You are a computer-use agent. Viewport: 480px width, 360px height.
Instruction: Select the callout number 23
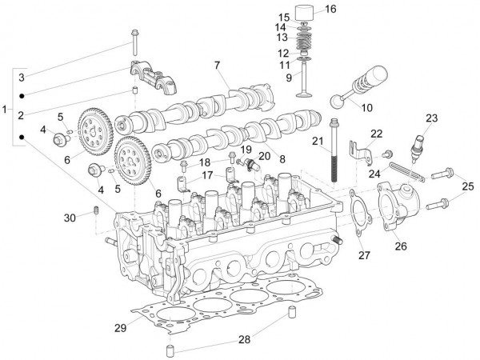(x=431, y=118)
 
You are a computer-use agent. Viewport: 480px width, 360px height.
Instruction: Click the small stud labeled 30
(x=95, y=210)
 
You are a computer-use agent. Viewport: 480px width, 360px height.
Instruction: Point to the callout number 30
(x=70, y=218)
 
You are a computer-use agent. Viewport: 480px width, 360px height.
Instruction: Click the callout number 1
(x=6, y=107)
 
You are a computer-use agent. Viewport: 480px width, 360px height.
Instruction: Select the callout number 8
(x=281, y=160)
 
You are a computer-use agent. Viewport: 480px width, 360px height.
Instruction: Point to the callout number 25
(x=466, y=186)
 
